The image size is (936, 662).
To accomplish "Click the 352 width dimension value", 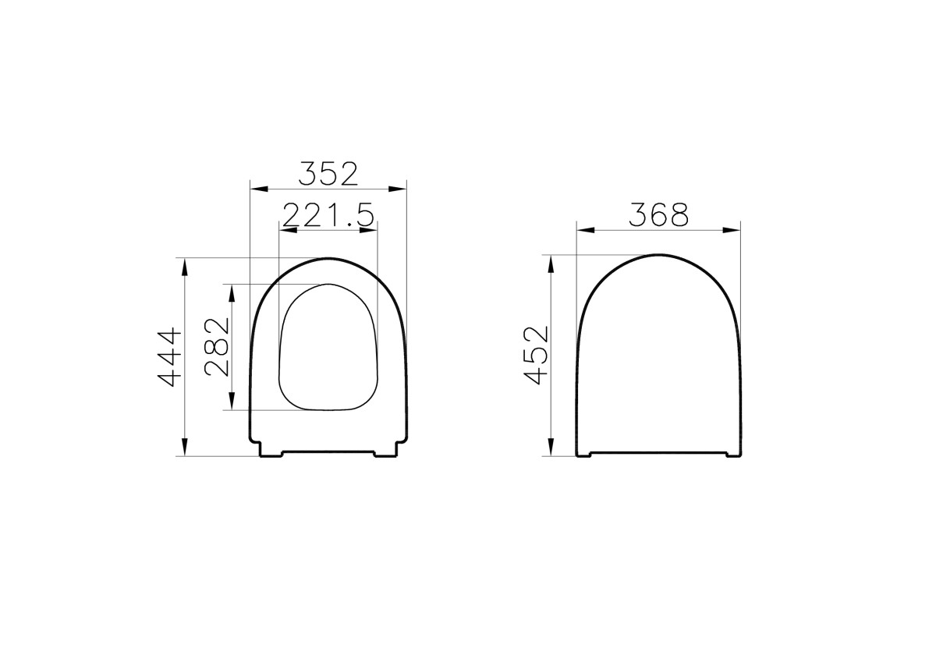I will (328, 173).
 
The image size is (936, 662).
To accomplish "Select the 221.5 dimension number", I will (328, 215).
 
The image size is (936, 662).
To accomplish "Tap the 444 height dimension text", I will (170, 357).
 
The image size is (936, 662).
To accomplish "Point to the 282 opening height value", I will (218, 347).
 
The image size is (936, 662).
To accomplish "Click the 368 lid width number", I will (659, 214).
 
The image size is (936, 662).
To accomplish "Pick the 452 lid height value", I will (537, 355).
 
